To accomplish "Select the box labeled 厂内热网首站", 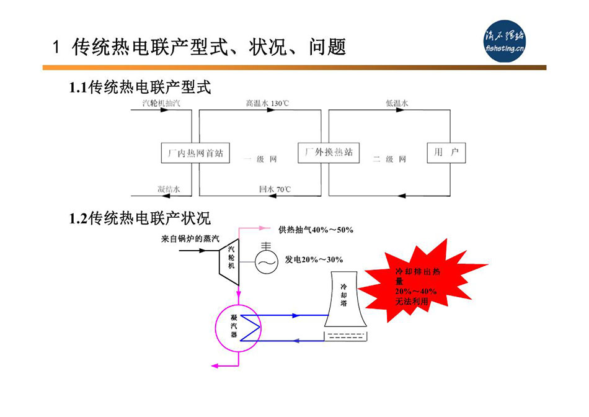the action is pos(195,153).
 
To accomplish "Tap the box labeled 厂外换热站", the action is pos(329,152).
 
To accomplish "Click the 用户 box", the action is pos(446,152).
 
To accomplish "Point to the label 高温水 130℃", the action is pos(267,103).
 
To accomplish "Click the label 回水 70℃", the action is pos(275,189).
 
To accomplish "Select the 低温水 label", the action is pos(397,103).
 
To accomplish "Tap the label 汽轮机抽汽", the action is pos(161,103).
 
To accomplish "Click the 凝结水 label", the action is pos(169,189).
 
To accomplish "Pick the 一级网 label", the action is pos(260,159).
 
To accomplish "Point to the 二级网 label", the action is pos(389,159).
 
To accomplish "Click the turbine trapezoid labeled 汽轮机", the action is pos(229,262).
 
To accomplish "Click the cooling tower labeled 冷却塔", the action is pos(345,299).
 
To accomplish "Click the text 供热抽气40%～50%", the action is pos(316,230).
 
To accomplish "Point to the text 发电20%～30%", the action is pos(314,259).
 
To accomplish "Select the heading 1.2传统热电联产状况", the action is pos(139,218).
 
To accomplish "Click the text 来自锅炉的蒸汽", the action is pos(190,239).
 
